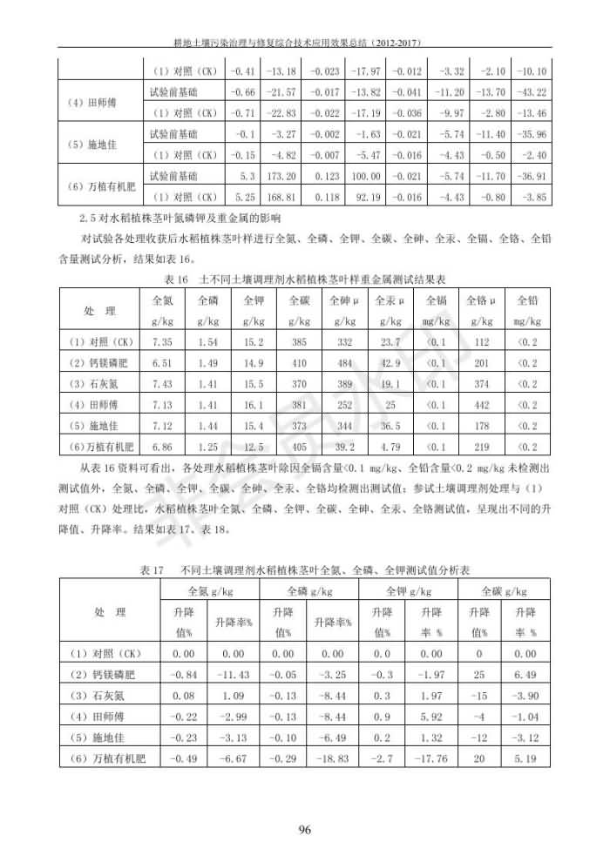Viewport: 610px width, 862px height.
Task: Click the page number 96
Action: [305, 828]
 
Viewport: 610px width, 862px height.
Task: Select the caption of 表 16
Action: [305, 279]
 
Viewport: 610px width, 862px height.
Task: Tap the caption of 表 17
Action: [305, 570]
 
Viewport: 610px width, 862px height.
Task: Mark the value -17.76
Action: [432, 758]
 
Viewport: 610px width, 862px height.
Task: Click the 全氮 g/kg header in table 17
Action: [212, 591]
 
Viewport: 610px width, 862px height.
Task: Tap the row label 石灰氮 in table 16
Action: [98, 384]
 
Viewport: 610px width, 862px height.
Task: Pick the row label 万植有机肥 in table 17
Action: [108, 758]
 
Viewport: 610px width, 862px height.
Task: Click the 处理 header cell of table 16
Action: [98, 312]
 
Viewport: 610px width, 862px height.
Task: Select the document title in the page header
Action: [304, 42]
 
